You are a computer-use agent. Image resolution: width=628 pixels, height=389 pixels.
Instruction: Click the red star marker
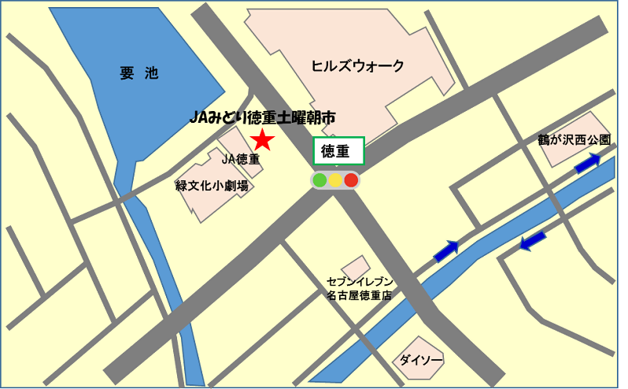(262, 141)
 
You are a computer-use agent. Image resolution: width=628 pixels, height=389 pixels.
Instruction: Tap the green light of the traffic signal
(320, 180)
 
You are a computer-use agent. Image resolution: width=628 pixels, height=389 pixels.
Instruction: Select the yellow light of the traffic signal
(335, 180)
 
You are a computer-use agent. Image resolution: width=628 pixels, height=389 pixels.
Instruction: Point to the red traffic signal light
(351, 180)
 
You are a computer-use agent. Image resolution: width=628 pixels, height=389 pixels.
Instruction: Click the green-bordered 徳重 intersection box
(338, 151)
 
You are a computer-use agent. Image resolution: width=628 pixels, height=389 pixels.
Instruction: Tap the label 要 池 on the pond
(139, 74)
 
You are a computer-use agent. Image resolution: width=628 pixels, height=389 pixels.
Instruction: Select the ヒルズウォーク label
(357, 66)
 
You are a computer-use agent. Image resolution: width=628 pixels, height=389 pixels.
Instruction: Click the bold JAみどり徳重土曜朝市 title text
(263, 117)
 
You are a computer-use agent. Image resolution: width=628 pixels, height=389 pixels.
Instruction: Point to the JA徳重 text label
(241, 159)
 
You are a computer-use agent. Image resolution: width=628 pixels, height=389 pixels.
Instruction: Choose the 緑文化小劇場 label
(212, 186)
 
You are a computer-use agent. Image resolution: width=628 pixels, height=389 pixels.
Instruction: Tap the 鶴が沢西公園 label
(574, 139)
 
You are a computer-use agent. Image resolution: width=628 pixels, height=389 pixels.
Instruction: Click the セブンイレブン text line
(360, 282)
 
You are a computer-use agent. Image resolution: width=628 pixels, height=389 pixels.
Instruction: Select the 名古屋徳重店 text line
(360, 296)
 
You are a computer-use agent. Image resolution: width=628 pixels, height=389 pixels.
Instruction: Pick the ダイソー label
(421, 360)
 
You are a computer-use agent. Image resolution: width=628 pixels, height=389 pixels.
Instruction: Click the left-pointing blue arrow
(533, 240)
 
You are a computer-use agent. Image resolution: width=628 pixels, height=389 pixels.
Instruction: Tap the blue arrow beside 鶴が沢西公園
(587, 164)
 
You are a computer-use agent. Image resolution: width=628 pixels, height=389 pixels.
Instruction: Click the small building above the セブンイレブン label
(356, 266)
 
